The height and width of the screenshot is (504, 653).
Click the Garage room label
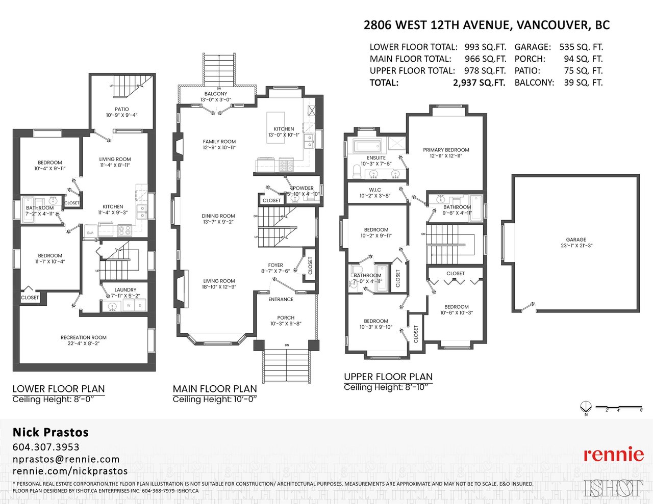576,240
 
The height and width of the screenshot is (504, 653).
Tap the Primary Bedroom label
446,150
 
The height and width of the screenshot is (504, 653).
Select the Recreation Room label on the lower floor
84,337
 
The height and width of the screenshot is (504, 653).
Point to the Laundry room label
125,289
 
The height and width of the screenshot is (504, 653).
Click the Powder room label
303,188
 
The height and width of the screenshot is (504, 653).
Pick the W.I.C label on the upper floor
375,190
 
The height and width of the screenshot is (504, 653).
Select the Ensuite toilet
357,171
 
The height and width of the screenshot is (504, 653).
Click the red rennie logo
614,455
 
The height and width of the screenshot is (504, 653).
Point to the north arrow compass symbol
586,408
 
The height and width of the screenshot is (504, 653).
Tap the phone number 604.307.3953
46,447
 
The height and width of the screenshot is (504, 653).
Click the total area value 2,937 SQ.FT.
479,83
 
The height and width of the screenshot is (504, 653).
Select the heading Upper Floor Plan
388,377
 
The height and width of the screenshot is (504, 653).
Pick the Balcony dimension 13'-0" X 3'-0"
216,100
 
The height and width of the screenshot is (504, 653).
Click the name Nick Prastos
51,432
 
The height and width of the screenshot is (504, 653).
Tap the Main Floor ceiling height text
215,400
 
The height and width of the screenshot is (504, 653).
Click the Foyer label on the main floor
275,265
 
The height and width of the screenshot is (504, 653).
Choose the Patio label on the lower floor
122,109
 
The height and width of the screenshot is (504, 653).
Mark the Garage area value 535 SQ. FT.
581,47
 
